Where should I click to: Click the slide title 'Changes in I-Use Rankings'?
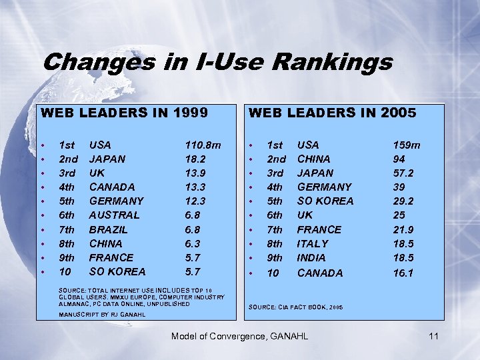pyautogui.click(x=217, y=63)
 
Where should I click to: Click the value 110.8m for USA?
pyautogui.click(x=203, y=145)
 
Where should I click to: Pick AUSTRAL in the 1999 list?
pyautogui.click(x=114, y=215)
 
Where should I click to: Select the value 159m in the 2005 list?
pyautogui.click(x=407, y=145)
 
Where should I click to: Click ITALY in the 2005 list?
pyautogui.click(x=313, y=244)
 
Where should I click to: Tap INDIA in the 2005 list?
pyautogui.click(x=311, y=258)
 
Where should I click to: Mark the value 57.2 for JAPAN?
pyautogui.click(x=403, y=173)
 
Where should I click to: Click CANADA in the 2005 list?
pyautogui.click(x=319, y=273)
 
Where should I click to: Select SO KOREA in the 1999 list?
pyautogui.click(x=117, y=272)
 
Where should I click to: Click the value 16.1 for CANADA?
pyautogui.click(x=403, y=273)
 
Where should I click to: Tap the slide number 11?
pyautogui.click(x=433, y=336)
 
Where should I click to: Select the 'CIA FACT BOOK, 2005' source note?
pyautogui.click(x=295, y=307)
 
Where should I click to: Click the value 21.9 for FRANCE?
pyautogui.click(x=403, y=229)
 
